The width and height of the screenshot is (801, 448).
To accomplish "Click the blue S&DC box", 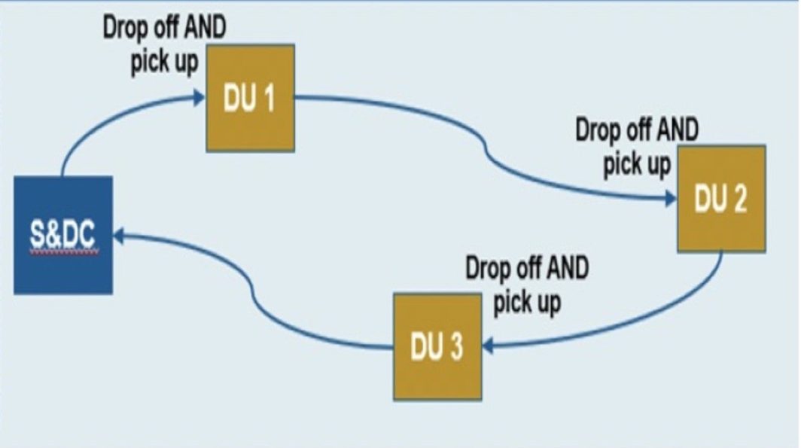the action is [x=63, y=235].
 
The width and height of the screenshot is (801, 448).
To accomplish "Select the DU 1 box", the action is [x=250, y=98].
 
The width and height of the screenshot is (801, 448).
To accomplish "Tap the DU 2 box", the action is [x=721, y=199].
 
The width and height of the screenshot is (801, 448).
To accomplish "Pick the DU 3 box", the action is [x=437, y=346].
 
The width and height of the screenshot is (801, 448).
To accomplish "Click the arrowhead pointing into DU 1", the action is [x=199, y=98].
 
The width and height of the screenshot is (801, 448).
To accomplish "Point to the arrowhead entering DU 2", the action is [x=672, y=199].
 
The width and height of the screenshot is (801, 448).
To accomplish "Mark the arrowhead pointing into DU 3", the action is [x=488, y=346].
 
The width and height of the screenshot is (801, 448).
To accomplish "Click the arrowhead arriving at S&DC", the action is [x=118, y=236].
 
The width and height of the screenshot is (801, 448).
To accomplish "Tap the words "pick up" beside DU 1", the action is [x=164, y=62].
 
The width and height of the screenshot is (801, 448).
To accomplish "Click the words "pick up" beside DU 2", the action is [x=637, y=164].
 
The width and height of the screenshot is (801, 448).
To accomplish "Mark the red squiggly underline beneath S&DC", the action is [x=64, y=251].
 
